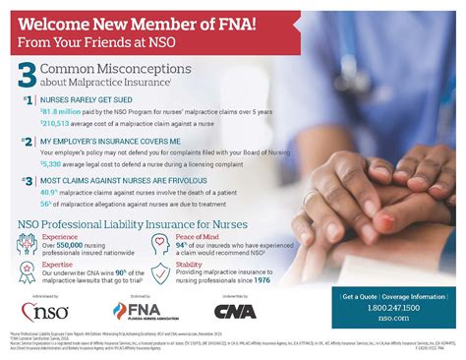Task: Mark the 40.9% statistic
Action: coord(50,193)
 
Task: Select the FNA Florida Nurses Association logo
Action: coord(137,314)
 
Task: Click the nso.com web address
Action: coord(390,318)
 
